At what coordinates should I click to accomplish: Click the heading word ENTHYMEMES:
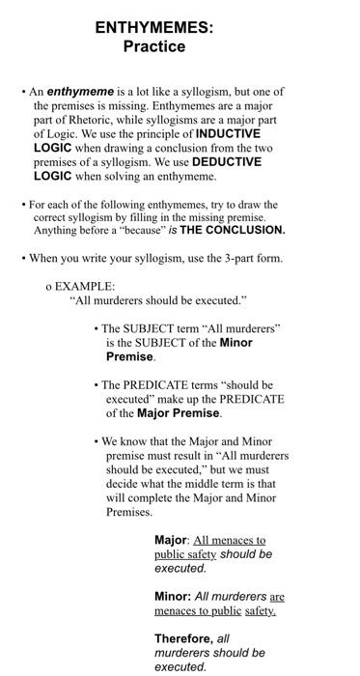point(154,29)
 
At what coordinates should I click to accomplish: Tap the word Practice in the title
point(154,46)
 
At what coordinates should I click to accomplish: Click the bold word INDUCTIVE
point(228,134)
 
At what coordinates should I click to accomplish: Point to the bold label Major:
point(172,540)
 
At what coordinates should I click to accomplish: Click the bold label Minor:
point(173,597)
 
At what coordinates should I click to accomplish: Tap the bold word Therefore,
point(184,639)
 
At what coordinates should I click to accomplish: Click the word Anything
point(59,231)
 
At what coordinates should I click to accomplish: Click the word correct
point(54,217)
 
